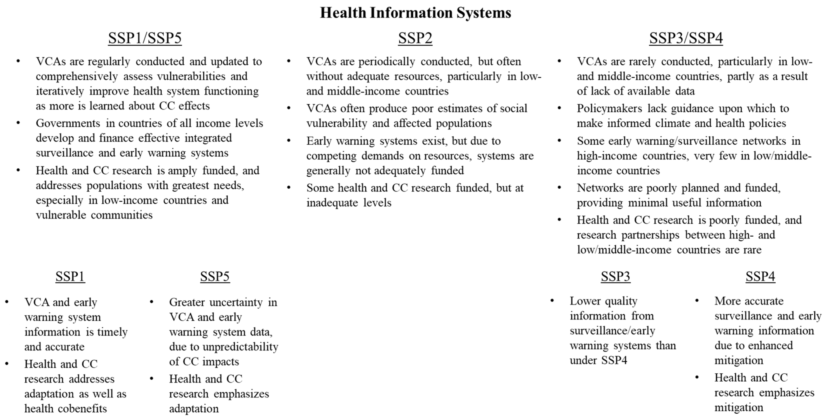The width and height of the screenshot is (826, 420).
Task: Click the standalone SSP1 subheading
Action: (70, 276)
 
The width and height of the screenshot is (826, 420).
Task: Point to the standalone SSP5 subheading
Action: (215, 276)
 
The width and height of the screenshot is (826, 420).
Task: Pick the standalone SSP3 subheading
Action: (615, 276)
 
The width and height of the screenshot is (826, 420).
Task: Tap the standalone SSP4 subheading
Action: (760, 276)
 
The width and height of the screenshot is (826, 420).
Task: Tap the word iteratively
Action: (60, 91)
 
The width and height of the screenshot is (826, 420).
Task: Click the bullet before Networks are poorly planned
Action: (559, 187)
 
